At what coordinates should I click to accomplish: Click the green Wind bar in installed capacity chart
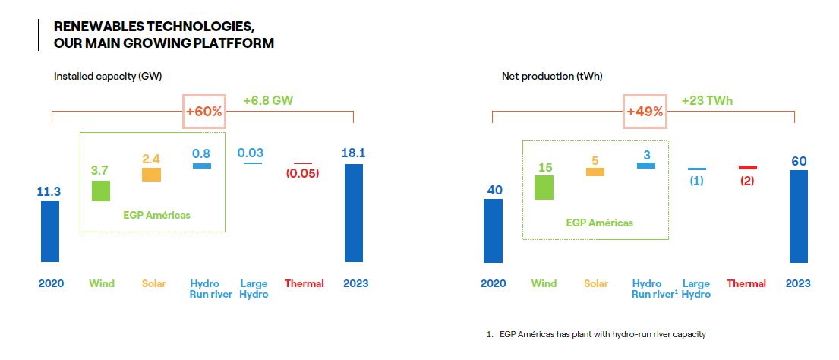pyautogui.click(x=100, y=191)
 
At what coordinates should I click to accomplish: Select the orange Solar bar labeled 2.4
pyautogui.click(x=151, y=175)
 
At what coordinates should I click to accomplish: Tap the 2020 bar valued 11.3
pyautogui.click(x=50, y=231)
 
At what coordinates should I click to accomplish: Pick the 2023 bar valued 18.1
pyautogui.click(x=353, y=213)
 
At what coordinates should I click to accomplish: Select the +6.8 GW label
pyautogui.click(x=268, y=100)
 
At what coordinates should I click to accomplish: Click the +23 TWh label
pyautogui.click(x=707, y=100)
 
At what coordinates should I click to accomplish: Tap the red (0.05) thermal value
pyautogui.click(x=302, y=173)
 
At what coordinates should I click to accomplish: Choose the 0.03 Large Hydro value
pyautogui.click(x=251, y=153)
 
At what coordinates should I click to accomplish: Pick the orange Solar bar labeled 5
pyautogui.click(x=595, y=172)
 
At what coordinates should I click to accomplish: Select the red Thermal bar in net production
pyautogui.click(x=747, y=167)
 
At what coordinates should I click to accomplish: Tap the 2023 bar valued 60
pyautogui.click(x=799, y=216)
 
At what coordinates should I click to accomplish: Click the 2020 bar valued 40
pyautogui.click(x=494, y=231)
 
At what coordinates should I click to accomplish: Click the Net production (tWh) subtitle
pyautogui.click(x=552, y=77)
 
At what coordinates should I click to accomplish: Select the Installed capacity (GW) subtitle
pyautogui.click(x=108, y=77)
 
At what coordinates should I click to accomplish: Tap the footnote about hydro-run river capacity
pyautogui.click(x=596, y=334)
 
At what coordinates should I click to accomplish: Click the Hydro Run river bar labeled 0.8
pyautogui.click(x=202, y=166)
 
